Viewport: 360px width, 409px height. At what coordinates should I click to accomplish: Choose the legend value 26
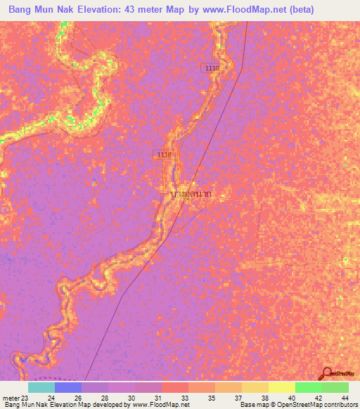pos(78,397)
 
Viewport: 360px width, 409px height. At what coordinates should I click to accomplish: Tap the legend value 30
pos(131,397)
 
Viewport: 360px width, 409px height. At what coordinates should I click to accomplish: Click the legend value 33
pos(185,397)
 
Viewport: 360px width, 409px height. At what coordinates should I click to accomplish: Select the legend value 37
pos(238,397)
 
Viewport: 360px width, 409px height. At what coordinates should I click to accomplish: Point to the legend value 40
pos(292,397)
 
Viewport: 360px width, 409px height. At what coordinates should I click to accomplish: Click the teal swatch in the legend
pos(41,387)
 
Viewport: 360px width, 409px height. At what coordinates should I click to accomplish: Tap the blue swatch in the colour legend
pos(67,387)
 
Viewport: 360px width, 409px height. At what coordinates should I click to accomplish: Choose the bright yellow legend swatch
pos(281,387)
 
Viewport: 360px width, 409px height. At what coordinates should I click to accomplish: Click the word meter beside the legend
pos(9,397)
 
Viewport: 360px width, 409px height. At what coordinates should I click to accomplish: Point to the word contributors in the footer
pos(340,405)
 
